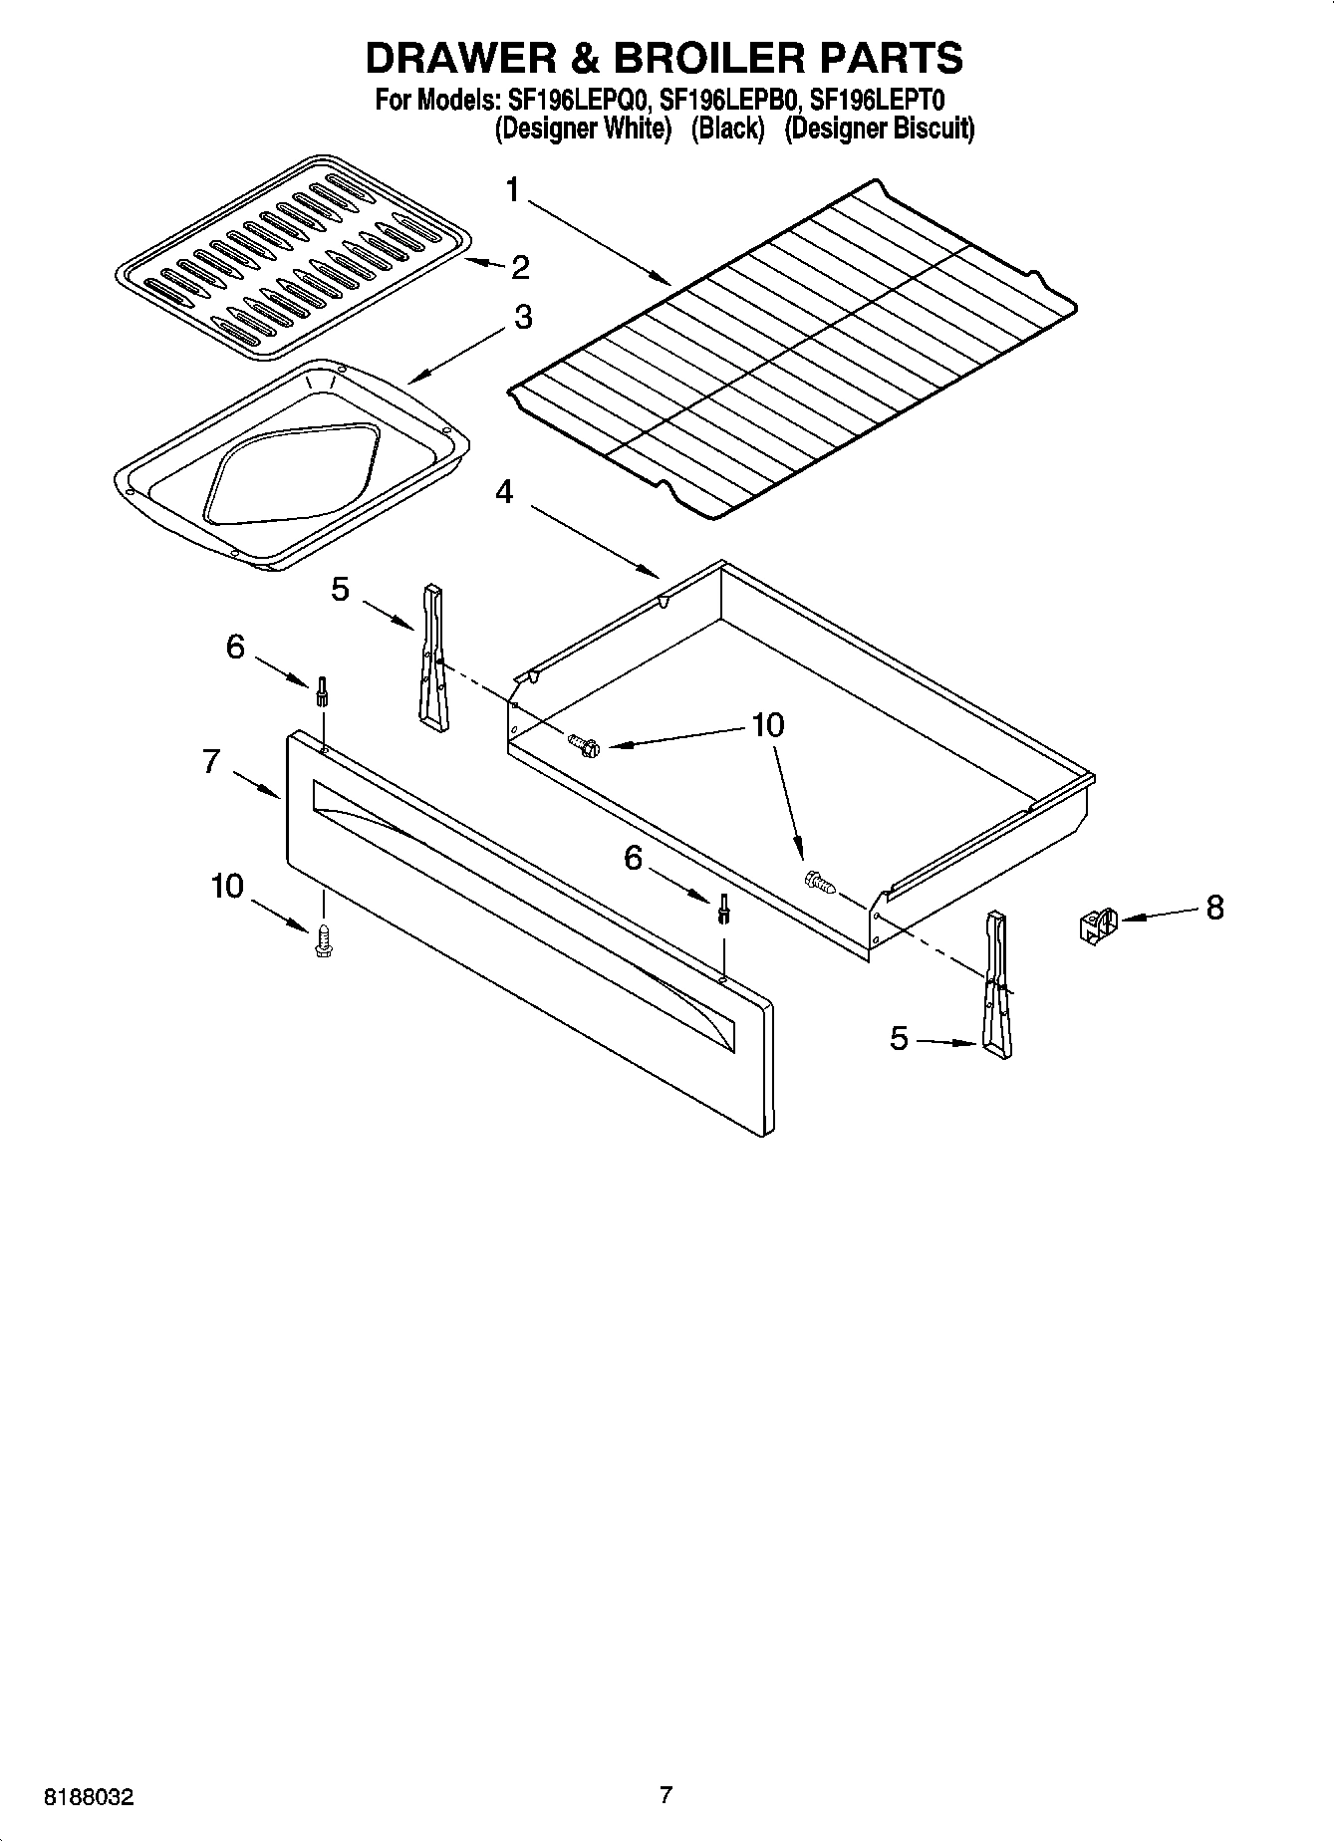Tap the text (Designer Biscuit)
coord(880,129)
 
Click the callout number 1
coord(513,189)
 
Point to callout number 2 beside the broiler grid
coord(519,267)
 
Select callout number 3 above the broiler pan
coord(522,318)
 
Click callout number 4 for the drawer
coord(505,492)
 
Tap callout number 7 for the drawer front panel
coord(211,762)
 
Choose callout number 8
coord(1214,908)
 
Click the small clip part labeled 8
coord(1097,924)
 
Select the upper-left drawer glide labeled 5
coord(431,658)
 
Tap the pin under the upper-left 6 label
coord(323,690)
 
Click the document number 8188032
coord(88,1797)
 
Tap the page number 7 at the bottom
coord(666,1795)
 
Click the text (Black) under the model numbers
coord(727,129)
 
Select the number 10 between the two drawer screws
coord(767,725)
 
